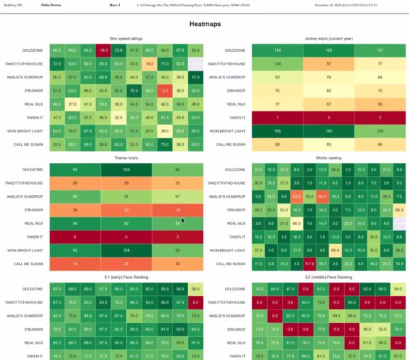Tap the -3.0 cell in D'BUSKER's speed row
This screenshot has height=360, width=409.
pos(164,90)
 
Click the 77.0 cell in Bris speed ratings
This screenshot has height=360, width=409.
pos(196,77)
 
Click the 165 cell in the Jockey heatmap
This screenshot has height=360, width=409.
pos(277,130)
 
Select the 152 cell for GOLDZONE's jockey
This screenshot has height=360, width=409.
pos(329,50)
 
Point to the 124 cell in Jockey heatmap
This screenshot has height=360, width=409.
pos(277,63)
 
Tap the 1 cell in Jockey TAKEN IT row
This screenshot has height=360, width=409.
pos(277,117)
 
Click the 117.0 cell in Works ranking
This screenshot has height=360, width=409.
pos(308,263)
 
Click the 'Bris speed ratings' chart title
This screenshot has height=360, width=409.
pos(126,39)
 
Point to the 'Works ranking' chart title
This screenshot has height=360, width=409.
pos(329,157)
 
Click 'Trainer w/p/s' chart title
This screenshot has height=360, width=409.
pos(126,157)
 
